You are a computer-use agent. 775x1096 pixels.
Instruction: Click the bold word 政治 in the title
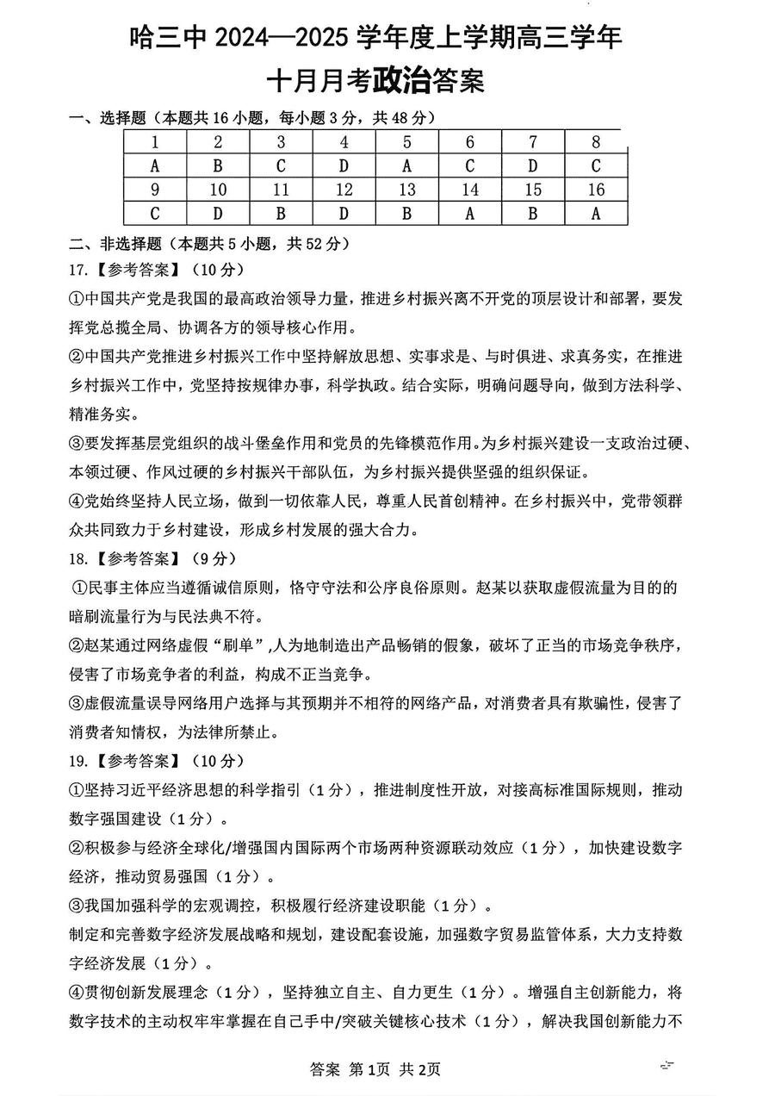coord(401,81)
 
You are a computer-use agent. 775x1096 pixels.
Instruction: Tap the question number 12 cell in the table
coord(344,190)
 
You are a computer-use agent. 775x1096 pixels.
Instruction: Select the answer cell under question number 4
coord(344,165)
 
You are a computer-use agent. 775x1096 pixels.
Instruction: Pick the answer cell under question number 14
coord(470,214)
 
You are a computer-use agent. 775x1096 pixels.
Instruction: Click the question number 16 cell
coord(596,190)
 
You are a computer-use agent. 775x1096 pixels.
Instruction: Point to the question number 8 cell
coord(596,142)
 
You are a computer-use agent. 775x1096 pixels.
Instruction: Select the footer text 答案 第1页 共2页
coord(375,1069)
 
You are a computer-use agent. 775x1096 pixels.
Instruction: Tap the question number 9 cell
coord(155,190)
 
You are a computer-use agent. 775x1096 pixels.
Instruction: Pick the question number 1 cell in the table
coord(155,142)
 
